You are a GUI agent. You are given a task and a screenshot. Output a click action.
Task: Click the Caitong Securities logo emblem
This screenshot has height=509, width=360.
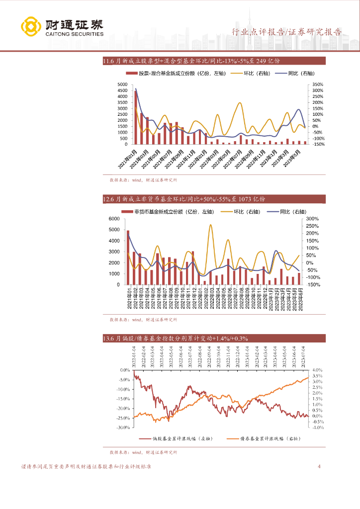pos(31,27)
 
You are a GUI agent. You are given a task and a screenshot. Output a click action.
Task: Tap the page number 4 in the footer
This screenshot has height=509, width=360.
pos(319,467)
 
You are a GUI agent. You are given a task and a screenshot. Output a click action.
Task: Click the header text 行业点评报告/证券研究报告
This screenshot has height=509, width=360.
pos(287,32)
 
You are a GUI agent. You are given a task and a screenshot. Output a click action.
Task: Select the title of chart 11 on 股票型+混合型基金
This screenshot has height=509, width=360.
pos(191,61)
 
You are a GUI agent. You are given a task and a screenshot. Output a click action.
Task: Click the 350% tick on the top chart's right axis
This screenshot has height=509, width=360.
pos(316,85)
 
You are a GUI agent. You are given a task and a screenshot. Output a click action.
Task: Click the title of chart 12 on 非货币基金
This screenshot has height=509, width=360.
pos(184,199)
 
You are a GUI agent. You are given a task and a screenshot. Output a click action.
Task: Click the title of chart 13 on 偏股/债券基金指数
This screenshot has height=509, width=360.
pos(175,339)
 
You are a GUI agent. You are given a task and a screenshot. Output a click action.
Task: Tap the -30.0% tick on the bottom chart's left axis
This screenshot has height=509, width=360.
pos(123,427)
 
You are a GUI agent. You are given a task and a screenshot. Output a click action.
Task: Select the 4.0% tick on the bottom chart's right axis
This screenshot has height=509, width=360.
pos(318,370)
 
